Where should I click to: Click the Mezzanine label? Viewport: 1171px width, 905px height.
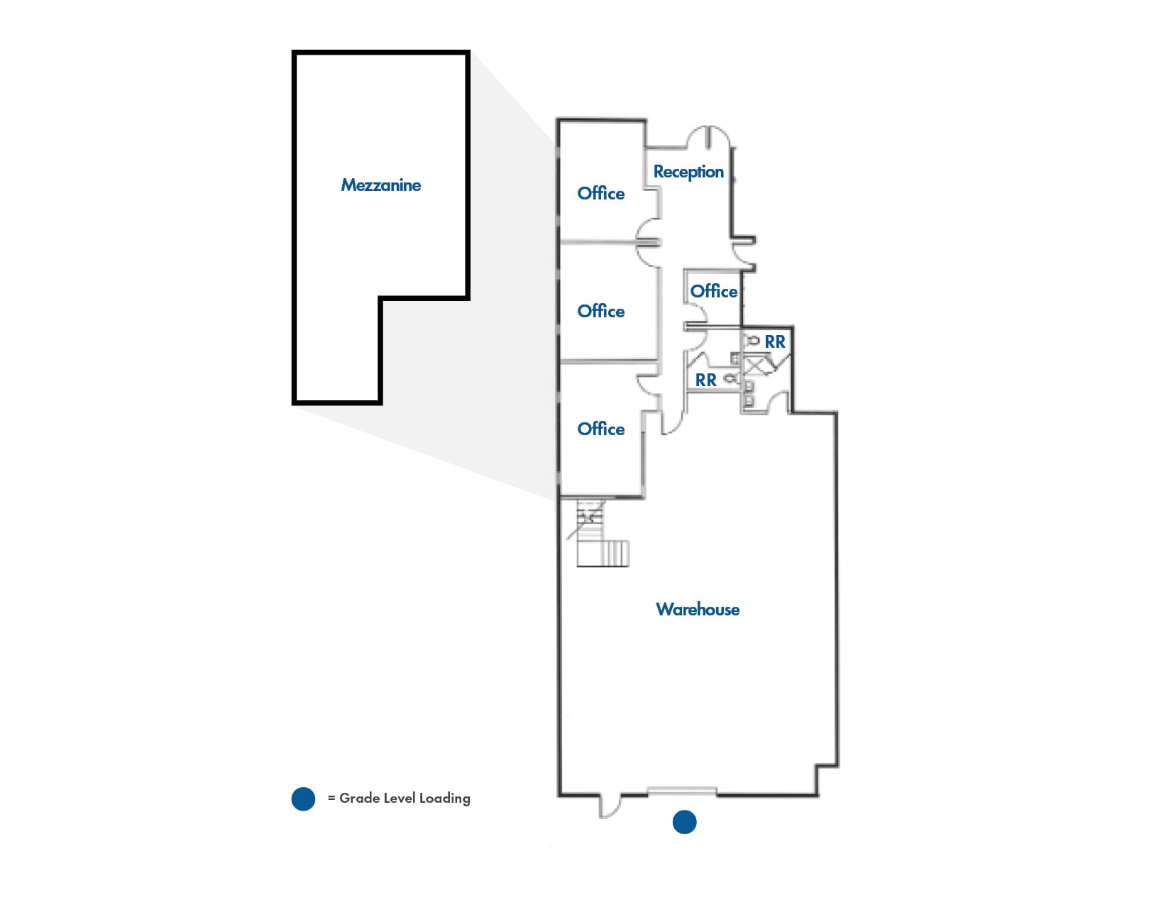click(380, 185)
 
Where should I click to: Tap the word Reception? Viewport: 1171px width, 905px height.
click(688, 172)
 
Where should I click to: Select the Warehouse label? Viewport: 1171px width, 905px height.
click(698, 609)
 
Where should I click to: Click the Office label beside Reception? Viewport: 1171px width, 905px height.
click(601, 193)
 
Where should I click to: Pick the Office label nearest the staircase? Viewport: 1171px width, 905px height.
click(601, 429)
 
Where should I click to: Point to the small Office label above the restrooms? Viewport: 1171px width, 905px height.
click(713, 291)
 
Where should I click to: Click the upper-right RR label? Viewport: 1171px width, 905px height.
click(775, 341)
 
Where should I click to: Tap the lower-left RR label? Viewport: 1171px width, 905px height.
click(705, 380)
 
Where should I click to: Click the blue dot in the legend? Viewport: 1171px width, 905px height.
click(303, 799)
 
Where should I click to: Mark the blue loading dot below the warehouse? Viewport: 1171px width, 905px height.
click(684, 822)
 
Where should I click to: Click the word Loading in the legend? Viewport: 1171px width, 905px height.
click(444, 799)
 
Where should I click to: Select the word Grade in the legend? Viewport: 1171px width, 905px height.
click(359, 799)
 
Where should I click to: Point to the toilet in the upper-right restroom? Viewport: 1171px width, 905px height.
click(752, 341)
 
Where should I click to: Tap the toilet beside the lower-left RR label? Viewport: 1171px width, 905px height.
click(731, 379)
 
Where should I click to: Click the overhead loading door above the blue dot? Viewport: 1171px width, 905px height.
click(682, 791)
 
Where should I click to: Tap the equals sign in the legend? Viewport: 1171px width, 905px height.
click(331, 799)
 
